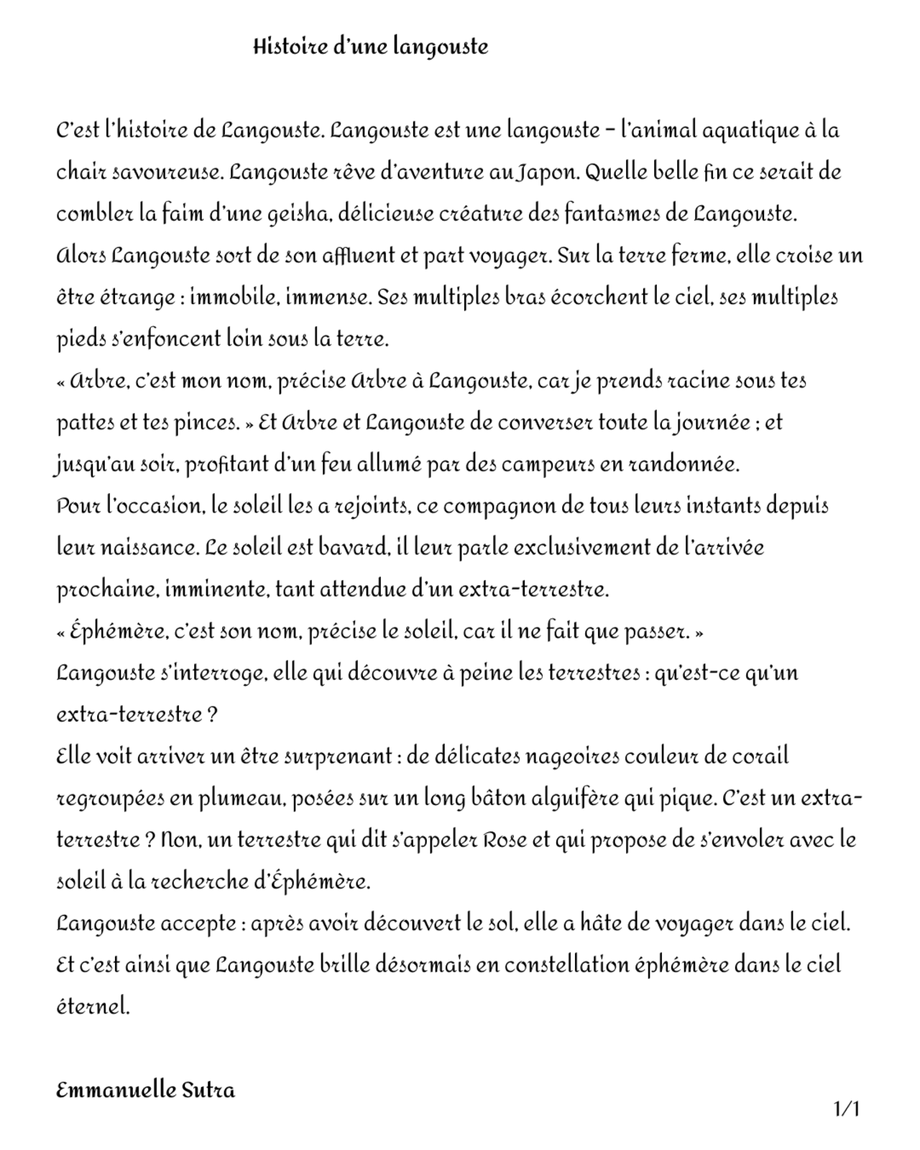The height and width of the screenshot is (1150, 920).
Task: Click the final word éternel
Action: point(93,1006)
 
